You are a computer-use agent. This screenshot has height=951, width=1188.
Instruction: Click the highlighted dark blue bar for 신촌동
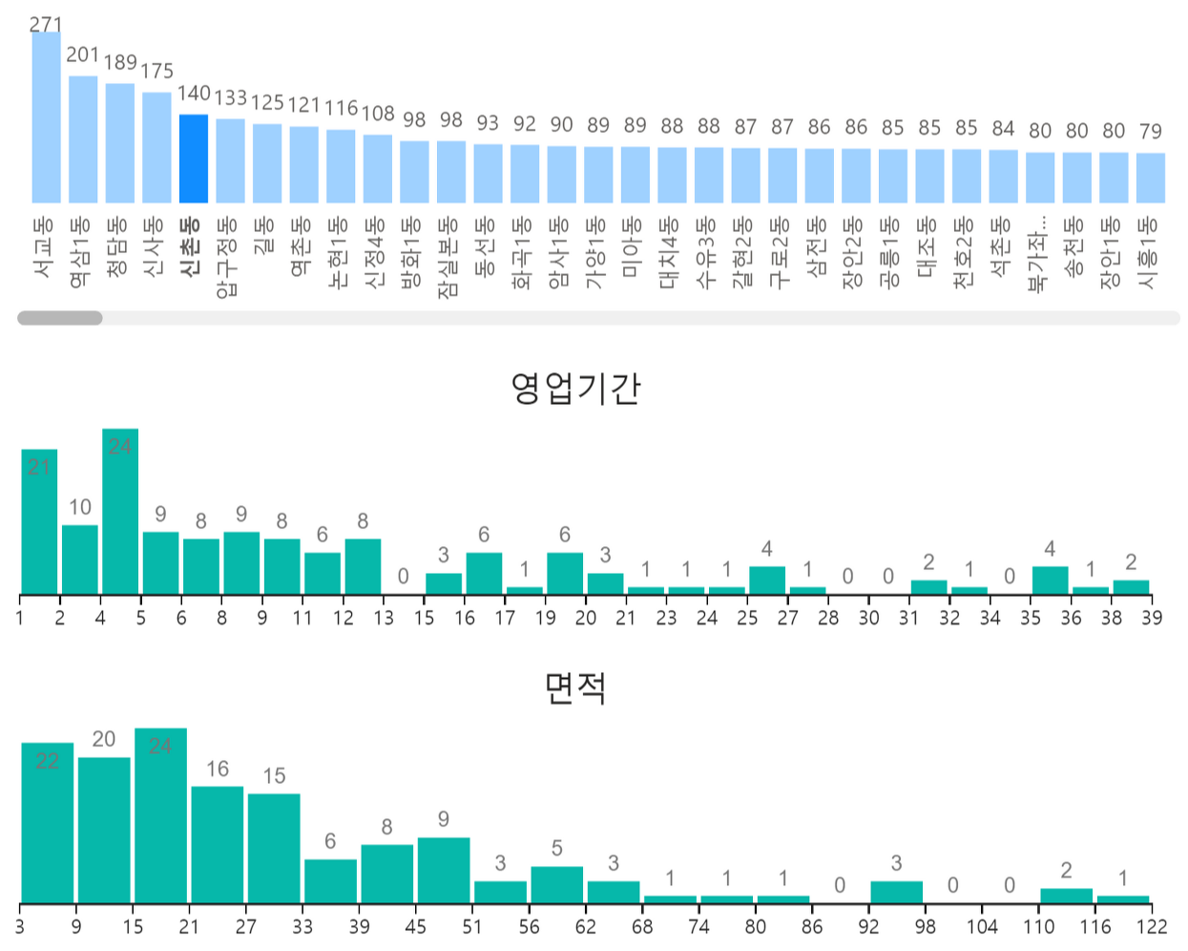(x=194, y=158)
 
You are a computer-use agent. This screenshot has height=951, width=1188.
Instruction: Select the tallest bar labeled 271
(x=46, y=118)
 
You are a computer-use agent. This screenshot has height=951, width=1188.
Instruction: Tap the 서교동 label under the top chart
(x=43, y=247)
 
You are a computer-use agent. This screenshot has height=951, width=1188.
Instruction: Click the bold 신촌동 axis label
(x=191, y=246)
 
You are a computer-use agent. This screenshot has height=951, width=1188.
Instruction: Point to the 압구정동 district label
(x=227, y=257)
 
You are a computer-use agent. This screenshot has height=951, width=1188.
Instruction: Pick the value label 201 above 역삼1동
(x=83, y=55)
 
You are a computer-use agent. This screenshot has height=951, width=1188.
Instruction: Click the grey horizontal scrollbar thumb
(x=60, y=318)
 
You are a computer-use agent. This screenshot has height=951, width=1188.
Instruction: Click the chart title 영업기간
(x=575, y=388)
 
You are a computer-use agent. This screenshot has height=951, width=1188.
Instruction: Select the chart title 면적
(x=575, y=687)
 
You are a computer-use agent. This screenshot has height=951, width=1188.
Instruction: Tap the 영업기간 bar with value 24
(x=120, y=512)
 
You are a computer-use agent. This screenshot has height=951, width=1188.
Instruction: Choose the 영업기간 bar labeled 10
(x=80, y=560)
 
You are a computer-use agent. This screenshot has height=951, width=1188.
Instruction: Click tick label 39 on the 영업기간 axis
(x=1152, y=619)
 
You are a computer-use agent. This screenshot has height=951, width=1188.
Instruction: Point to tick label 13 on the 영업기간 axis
(x=384, y=619)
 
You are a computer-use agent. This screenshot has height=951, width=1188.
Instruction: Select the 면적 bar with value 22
(x=47, y=822)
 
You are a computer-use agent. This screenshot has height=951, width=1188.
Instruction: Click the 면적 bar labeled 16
(x=217, y=844)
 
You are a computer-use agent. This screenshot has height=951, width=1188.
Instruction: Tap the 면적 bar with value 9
(x=444, y=870)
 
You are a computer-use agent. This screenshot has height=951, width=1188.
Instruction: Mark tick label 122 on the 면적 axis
(x=1152, y=927)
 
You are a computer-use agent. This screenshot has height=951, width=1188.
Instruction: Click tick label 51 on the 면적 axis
(x=472, y=927)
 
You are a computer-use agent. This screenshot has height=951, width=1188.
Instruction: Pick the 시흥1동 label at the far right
(x=1148, y=253)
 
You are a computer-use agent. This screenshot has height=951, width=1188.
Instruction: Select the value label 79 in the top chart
(x=1151, y=131)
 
